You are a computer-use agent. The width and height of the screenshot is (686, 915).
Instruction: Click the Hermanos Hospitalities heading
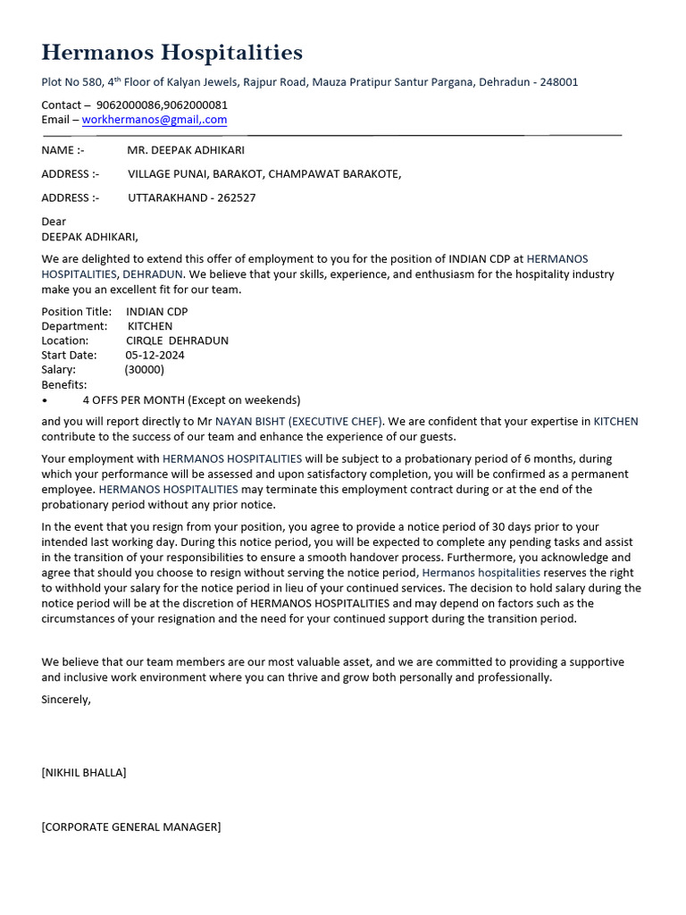(x=171, y=53)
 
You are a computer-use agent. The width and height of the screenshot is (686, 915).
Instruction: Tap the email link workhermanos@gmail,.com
(x=154, y=120)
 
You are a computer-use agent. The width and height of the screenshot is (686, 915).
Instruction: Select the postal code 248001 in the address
(x=558, y=82)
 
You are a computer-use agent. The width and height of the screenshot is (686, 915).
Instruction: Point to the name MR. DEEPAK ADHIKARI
(x=186, y=150)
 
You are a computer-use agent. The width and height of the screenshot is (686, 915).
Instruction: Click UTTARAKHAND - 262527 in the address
(x=191, y=197)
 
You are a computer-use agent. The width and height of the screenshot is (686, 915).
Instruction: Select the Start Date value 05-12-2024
(x=155, y=356)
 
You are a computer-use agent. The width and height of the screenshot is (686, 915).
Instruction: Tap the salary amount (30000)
(x=144, y=370)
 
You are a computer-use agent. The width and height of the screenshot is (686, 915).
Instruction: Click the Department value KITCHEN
(x=150, y=327)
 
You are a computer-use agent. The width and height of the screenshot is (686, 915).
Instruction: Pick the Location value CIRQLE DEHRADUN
(x=177, y=341)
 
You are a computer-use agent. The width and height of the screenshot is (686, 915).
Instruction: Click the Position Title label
(x=76, y=312)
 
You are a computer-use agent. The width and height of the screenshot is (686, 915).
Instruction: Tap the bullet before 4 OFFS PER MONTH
(x=45, y=400)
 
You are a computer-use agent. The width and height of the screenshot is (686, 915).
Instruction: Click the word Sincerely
(x=66, y=700)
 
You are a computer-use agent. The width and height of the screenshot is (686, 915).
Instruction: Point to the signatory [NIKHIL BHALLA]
(x=84, y=773)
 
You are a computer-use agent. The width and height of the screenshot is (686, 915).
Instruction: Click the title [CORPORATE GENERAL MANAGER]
(x=130, y=827)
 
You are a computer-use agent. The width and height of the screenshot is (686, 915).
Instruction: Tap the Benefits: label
(x=64, y=385)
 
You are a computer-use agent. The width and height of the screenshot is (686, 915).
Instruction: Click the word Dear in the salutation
(x=54, y=222)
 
